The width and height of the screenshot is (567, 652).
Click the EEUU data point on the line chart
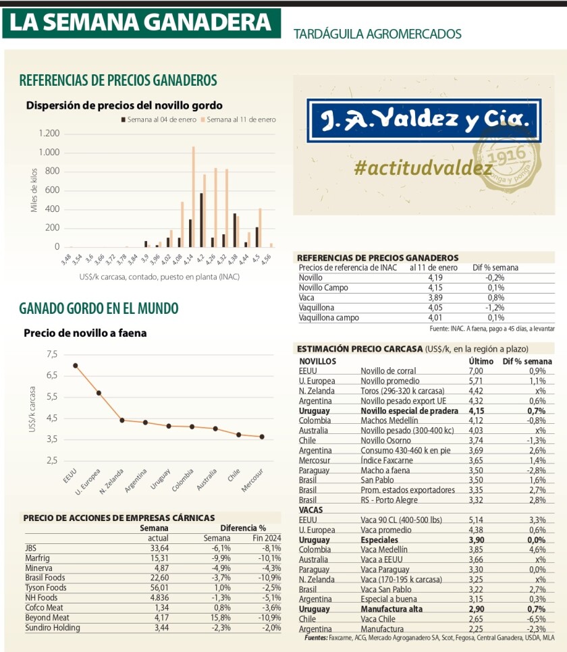coord(76,365)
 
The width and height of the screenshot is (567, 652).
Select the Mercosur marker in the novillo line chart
coord(262,437)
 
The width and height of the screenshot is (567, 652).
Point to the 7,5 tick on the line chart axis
coord(51,354)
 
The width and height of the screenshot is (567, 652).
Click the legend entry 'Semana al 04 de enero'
coord(159,119)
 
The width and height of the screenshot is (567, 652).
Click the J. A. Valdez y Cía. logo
coord(424,121)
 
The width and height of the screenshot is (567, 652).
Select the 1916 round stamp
coord(518,159)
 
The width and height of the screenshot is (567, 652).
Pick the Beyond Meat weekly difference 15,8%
coord(219,618)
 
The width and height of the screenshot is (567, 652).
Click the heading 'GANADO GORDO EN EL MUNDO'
coord(99,309)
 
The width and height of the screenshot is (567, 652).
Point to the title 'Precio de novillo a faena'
coord(85,332)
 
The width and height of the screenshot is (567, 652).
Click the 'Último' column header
coord(481,361)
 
